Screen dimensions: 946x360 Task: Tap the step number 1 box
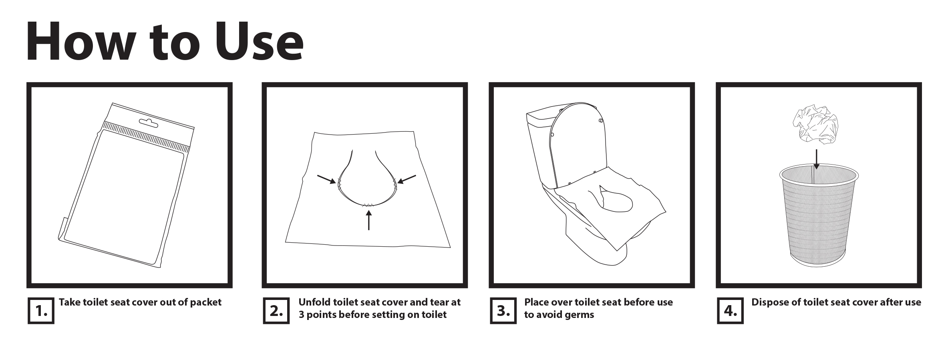tap(41, 310)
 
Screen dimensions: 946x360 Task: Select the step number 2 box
tap(276, 310)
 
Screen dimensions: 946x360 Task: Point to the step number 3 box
tap(503, 310)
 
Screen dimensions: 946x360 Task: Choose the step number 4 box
tap(730, 310)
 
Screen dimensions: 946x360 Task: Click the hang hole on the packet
tap(149, 123)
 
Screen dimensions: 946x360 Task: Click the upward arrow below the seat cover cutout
tap(368, 220)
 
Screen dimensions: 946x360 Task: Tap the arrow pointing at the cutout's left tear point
tap(327, 179)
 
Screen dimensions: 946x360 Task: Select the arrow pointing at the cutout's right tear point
tap(407, 179)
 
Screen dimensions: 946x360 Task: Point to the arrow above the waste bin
tap(816, 159)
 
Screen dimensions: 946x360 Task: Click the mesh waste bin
tap(819, 216)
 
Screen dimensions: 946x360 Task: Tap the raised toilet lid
tap(579, 142)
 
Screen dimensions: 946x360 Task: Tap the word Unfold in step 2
tap(314, 302)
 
